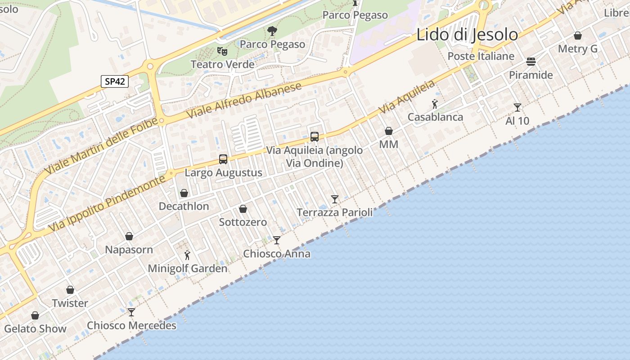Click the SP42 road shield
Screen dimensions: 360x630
115,81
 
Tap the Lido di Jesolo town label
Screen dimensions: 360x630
467,35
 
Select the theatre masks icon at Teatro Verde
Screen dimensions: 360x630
221,51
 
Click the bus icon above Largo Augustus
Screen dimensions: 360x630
223,159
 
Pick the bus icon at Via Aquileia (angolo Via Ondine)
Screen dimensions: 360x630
315,136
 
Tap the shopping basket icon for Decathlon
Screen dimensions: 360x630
184,193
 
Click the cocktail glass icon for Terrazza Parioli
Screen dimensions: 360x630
335,199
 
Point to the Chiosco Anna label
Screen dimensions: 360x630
277,254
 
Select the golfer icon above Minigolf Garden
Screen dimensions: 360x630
188,256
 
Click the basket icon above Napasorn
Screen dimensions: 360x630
129,236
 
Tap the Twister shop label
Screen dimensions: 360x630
70,303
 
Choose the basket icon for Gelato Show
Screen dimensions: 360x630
35,315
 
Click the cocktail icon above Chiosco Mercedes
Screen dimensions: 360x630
131,312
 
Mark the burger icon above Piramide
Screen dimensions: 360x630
531,61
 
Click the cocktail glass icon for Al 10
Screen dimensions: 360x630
517,108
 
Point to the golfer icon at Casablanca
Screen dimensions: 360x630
435,104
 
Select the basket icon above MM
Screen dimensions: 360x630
389,131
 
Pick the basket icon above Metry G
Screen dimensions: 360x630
578,36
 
